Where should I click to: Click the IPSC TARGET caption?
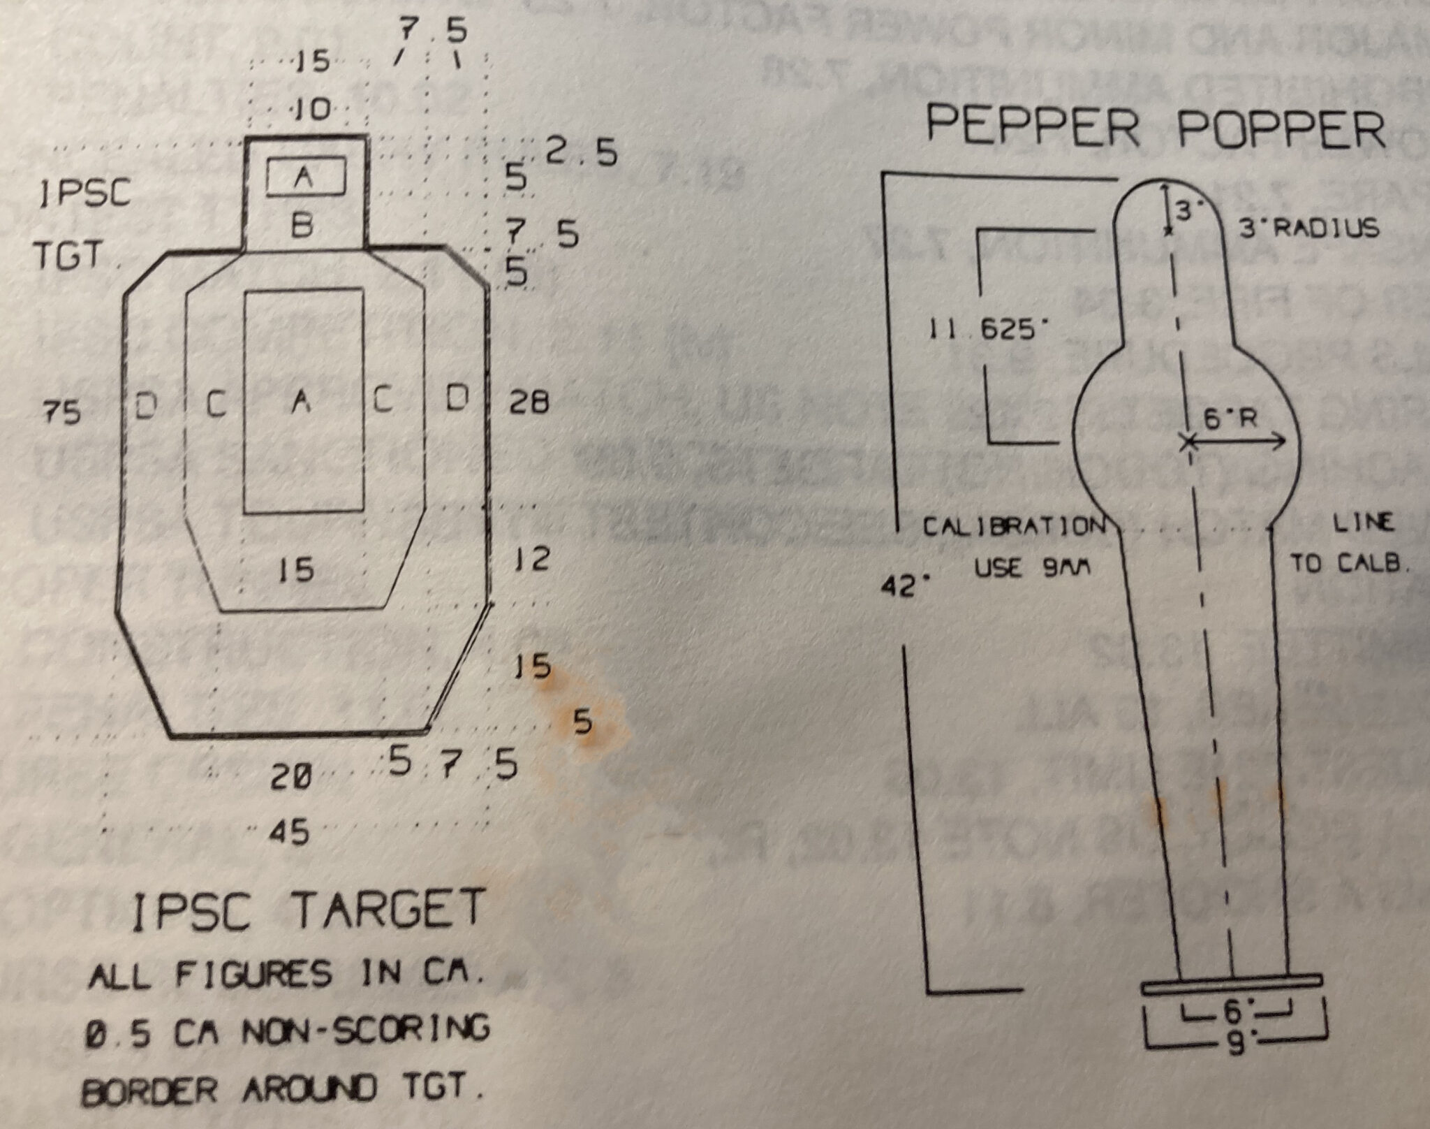(308, 910)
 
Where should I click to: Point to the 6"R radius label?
(1230, 418)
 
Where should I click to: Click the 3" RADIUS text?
(1309, 228)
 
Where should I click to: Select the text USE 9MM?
(1032, 568)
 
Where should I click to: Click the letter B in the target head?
(302, 225)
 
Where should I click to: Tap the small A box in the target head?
(305, 177)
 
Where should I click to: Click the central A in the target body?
(301, 401)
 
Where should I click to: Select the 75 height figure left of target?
(61, 412)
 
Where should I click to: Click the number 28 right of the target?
(529, 402)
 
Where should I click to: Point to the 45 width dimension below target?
(289, 832)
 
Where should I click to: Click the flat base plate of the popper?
(1231, 984)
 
